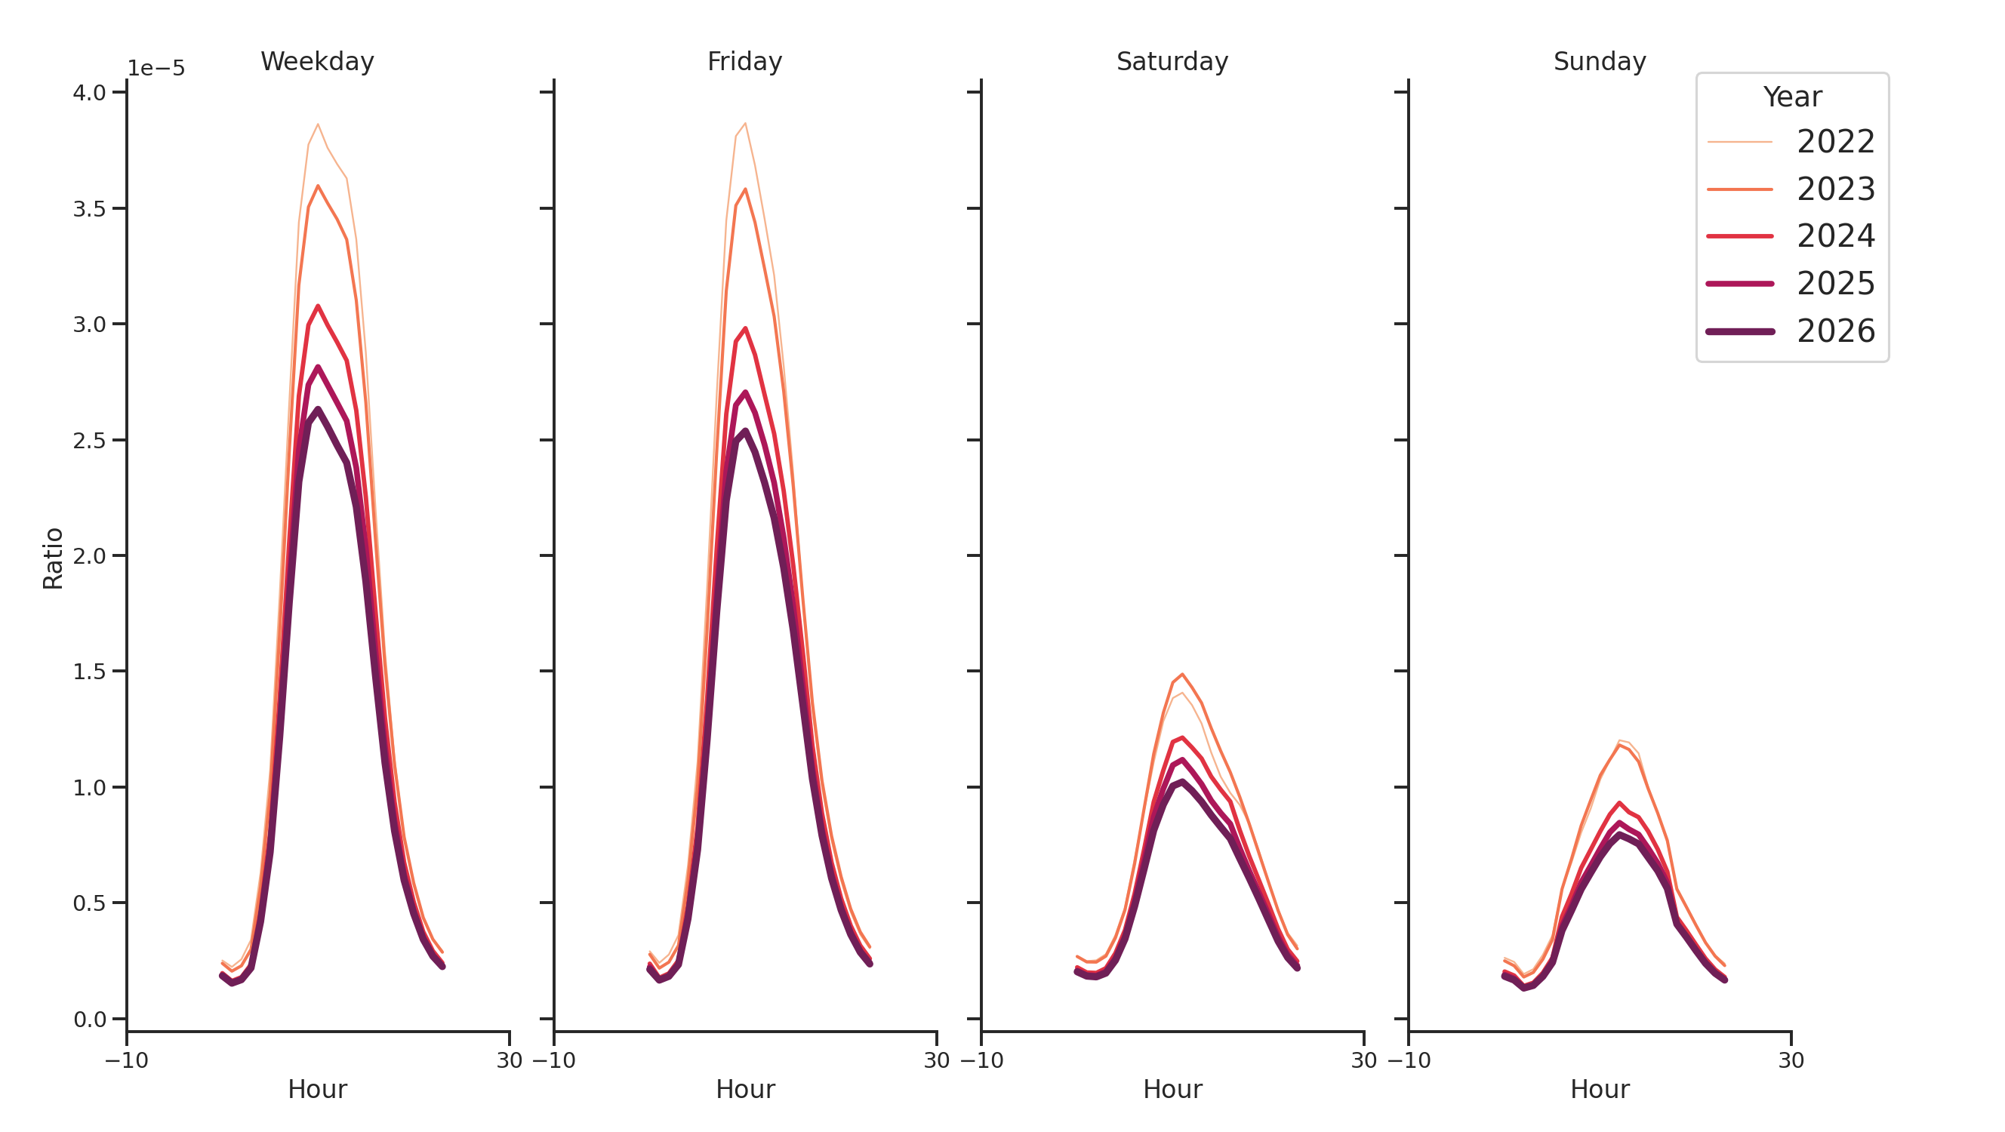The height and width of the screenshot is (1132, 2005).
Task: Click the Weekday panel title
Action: coord(317,61)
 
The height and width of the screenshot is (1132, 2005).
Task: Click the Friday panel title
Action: coord(744,61)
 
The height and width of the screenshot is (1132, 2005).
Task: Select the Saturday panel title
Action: coord(1172,61)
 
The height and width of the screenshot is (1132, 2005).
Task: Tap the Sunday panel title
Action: coord(1599,61)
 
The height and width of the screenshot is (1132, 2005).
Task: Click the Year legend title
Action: coord(1791,97)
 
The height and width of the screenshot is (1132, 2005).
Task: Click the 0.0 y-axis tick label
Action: coord(89,1020)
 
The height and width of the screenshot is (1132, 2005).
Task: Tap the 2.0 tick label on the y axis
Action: coord(89,556)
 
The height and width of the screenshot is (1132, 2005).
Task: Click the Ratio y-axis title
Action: coord(53,558)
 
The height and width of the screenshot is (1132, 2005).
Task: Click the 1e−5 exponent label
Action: coord(156,69)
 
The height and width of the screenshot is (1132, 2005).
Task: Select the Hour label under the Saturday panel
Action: coord(1172,1089)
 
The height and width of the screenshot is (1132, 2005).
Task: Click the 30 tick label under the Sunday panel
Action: coord(1790,1060)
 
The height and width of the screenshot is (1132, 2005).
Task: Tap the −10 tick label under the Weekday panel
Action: coord(126,1060)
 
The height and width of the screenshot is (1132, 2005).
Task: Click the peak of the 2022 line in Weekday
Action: coord(318,124)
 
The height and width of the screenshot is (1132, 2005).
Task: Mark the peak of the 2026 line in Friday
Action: coord(745,431)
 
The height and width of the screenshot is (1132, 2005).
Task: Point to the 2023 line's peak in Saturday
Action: coord(1181,675)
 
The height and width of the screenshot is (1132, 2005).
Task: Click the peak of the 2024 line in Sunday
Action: coord(1619,803)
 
